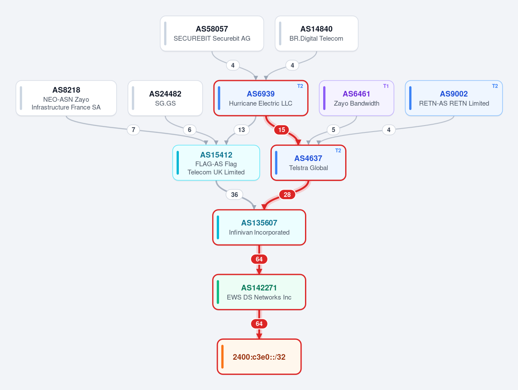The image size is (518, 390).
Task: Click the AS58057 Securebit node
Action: (x=212, y=33)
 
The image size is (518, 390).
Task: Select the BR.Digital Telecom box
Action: (x=317, y=33)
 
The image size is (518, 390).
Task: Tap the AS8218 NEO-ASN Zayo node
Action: (x=66, y=98)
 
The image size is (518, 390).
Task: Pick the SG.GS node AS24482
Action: (x=165, y=98)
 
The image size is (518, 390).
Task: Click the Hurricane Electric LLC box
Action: (x=261, y=98)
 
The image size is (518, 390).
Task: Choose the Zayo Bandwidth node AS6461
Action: (x=356, y=98)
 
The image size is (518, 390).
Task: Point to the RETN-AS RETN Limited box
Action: (x=454, y=98)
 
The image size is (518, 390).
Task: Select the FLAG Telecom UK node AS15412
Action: (x=216, y=163)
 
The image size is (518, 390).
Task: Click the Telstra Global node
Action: (x=308, y=163)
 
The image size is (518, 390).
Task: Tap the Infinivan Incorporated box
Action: (x=259, y=227)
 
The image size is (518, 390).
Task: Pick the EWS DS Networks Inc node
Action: (x=259, y=292)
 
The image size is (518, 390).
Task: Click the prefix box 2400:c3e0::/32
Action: (x=259, y=357)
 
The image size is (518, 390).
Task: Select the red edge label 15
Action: (x=281, y=130)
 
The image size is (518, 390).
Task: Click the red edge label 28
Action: (x=287, y=195)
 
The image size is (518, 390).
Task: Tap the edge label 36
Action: (x=234, y=195)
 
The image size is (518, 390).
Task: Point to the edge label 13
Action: (x=242, y=130)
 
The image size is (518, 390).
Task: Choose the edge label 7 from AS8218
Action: (x=133, y=130)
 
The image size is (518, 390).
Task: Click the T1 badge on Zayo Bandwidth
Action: (x=386, y=86)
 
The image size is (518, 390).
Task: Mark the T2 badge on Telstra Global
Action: (x=338, y=151)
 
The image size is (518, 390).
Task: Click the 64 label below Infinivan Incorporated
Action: (x=259, y=259)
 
